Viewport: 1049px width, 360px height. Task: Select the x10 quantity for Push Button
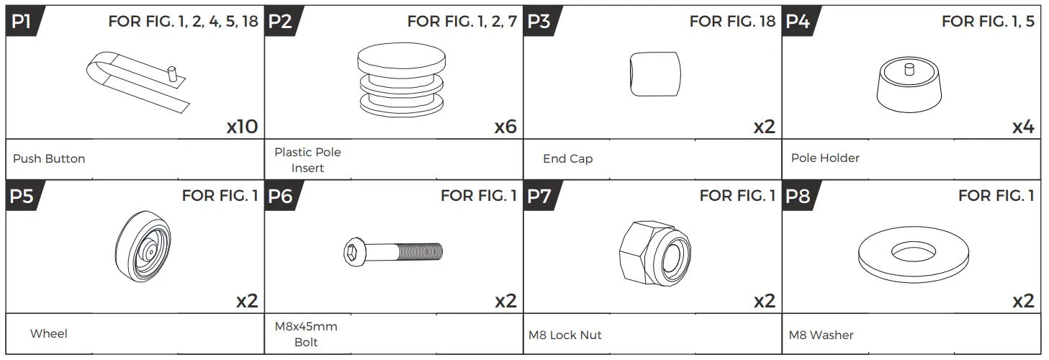(242, 127)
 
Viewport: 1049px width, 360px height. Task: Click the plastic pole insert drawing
(401, 80)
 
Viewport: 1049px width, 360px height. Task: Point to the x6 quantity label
(505, 127)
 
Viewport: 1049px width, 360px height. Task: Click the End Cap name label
(567, 158)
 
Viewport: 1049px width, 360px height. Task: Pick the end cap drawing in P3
(655, 74)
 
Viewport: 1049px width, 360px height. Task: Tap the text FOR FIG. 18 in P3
(732, 21)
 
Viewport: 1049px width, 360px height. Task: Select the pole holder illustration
(909, 85)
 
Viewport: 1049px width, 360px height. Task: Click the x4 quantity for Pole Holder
(1023, 127)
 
